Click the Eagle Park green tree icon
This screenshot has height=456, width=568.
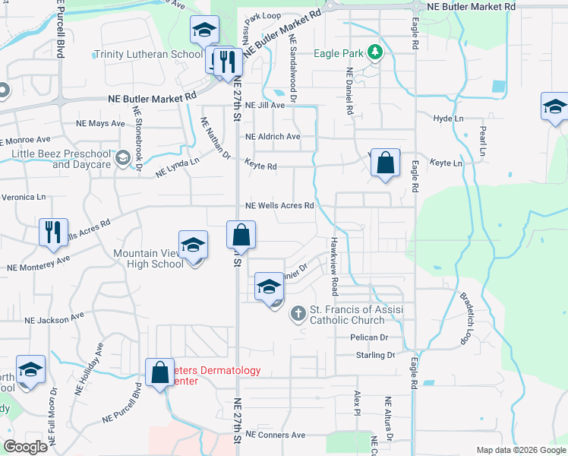(374, 52)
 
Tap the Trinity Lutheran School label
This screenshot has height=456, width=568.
(148, 55)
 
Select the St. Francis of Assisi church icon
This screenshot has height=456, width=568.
(298, 313)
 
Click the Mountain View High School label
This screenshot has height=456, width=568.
(148, 258)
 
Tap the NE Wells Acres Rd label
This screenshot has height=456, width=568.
(279, 206)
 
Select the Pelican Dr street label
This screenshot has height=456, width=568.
(369, 337)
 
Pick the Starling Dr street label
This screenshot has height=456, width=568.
(375, 355)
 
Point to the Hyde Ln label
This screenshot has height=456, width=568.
(448, 119)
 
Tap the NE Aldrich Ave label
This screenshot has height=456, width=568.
(273, 137)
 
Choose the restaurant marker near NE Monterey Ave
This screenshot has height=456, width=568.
(52, 232)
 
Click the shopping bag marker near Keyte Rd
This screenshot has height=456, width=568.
(386, 163)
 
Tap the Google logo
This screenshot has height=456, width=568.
(25, 447)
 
